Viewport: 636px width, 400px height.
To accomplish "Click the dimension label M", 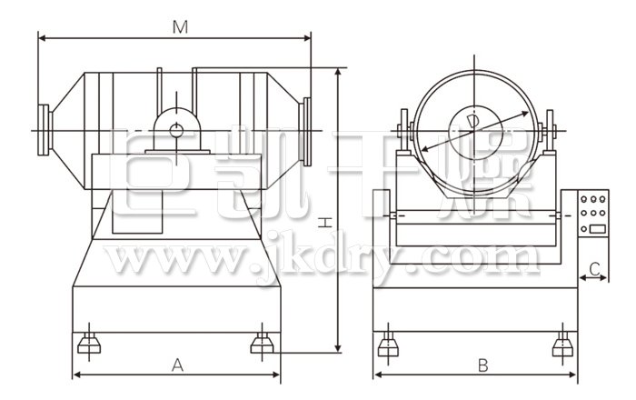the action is [x=180, y=26].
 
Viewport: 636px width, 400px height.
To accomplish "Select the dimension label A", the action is [x=177, y=365].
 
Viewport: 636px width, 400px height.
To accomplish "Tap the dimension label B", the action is [x=482, y=365].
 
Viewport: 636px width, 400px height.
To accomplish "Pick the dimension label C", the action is [x=594, y=268].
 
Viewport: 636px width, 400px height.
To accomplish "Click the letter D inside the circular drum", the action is [x=472, y=122].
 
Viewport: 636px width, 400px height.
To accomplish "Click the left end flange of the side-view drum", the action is [x=44, y=130].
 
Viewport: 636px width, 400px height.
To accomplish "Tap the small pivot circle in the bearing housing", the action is [x=176, y=131].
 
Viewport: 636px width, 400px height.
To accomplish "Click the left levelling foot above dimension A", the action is [x=89, y=344].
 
